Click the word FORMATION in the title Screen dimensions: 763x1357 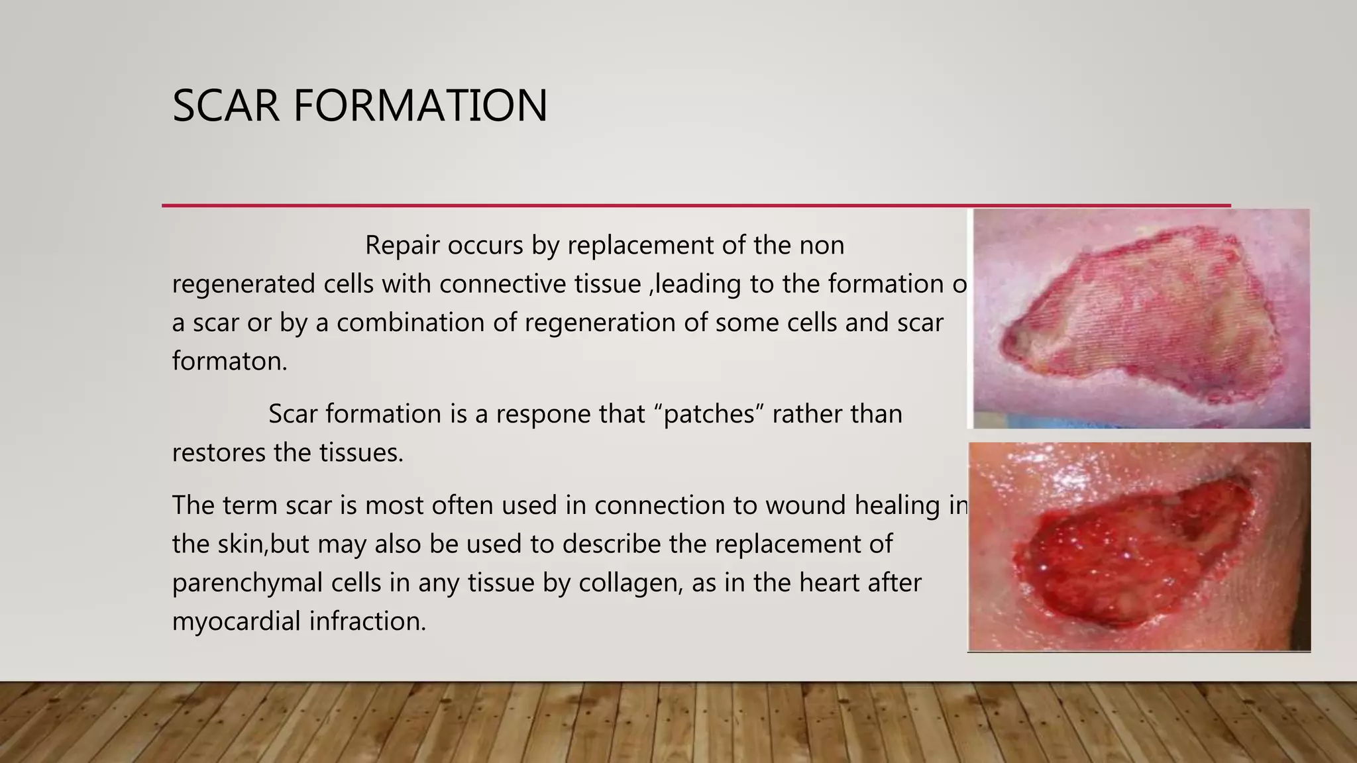coord(420,106)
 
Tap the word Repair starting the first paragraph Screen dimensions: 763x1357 coord(402,246)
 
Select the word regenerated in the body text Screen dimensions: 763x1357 coord(243,285)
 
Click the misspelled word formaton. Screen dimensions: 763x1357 coord(229,362)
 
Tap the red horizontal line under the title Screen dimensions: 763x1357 coord(696,206)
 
